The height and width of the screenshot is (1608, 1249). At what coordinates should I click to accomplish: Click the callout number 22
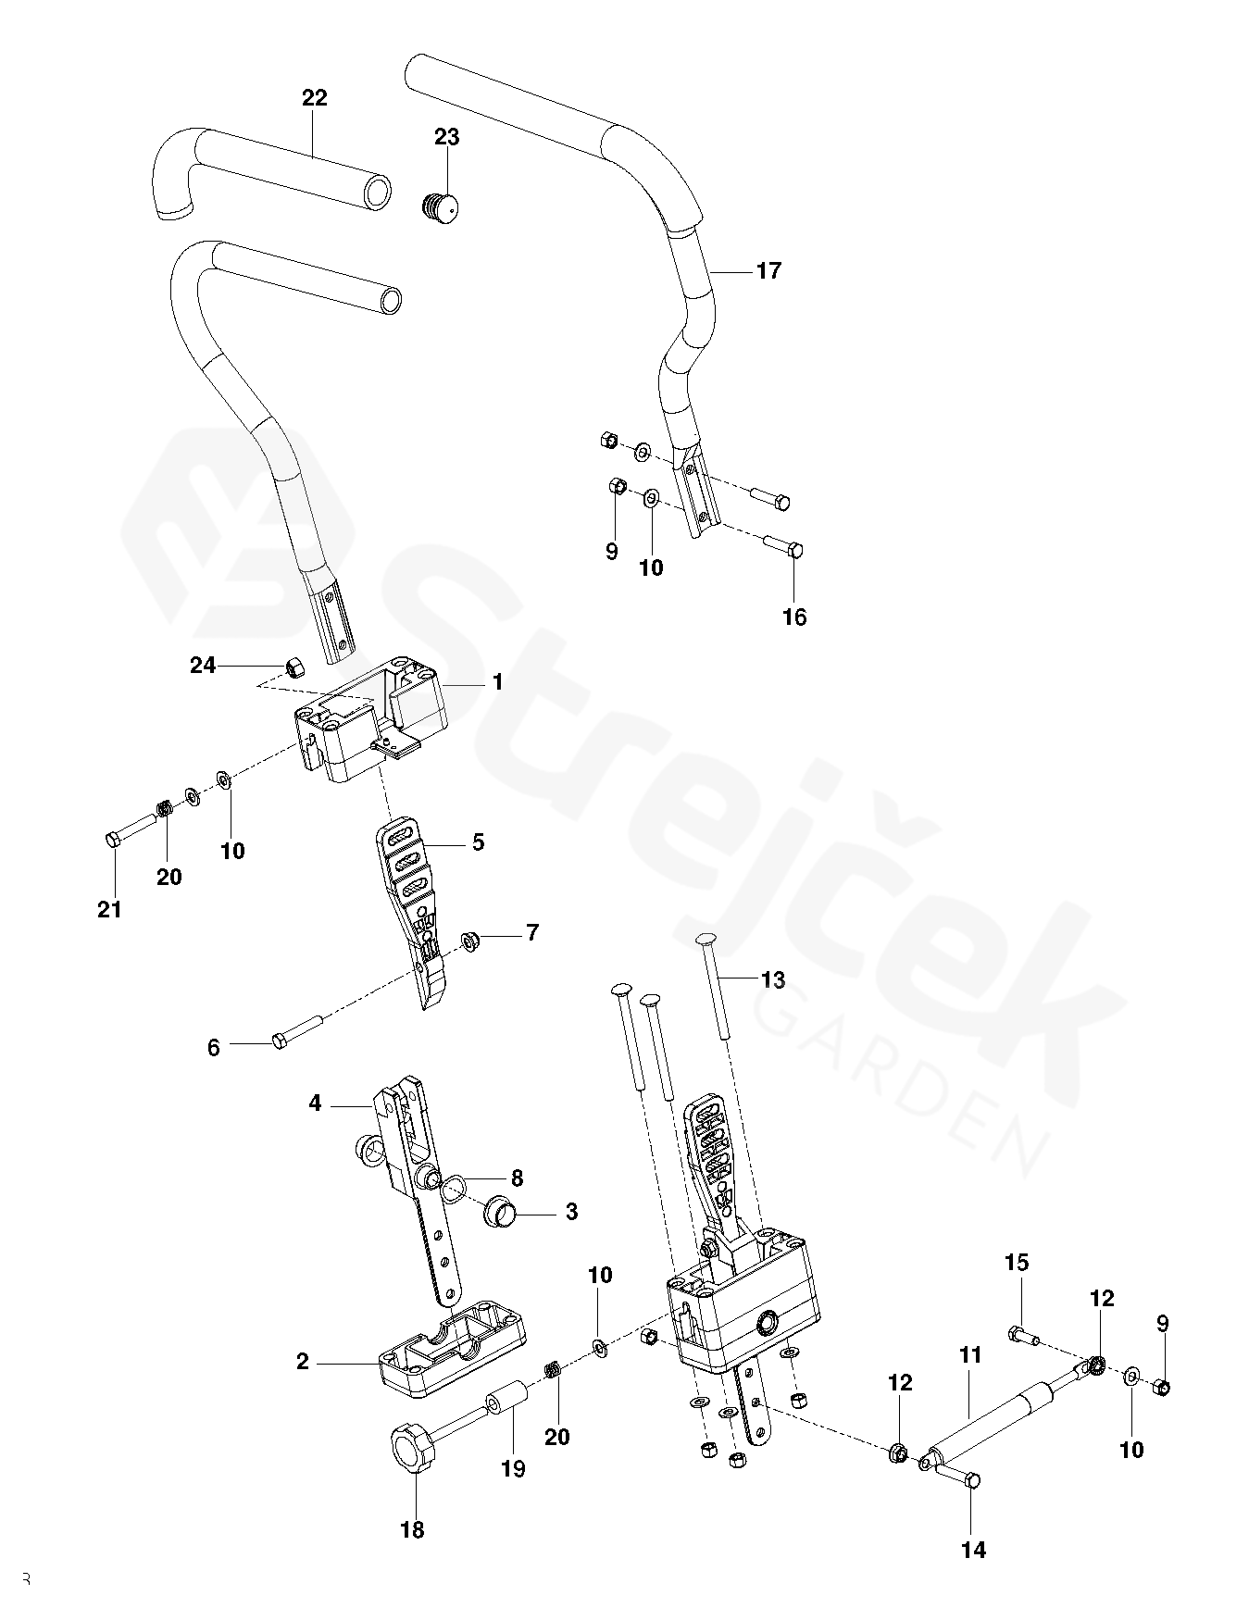pos(315,98)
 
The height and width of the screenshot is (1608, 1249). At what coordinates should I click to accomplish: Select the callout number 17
pos(768,271)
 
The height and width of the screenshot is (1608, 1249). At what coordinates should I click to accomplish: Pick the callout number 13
pos(772,979)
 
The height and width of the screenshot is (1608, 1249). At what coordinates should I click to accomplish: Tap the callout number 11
pos(969,1356)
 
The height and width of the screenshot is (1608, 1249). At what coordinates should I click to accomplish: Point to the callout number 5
pos(478,842)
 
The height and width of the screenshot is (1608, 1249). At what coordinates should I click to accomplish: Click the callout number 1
pos(497,683)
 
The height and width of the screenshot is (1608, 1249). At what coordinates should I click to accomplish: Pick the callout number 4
pos(315,1103)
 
